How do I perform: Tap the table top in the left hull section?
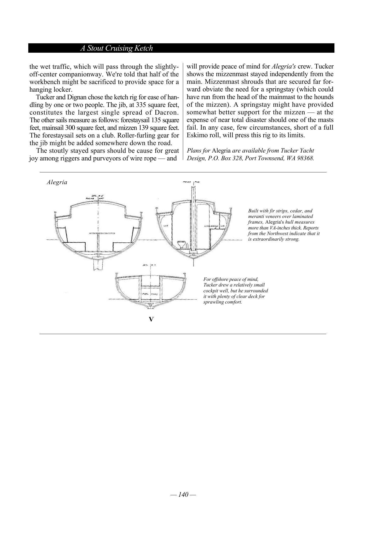tap(102, 233)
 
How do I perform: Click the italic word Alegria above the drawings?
tap(57, 182)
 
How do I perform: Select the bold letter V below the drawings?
tap(151, 319)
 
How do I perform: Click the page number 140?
tap(183, 494)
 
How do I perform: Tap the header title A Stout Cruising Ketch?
tap(116, 48)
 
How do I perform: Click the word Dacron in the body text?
tap(166, 112)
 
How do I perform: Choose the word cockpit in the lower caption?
tap(211, 291)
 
